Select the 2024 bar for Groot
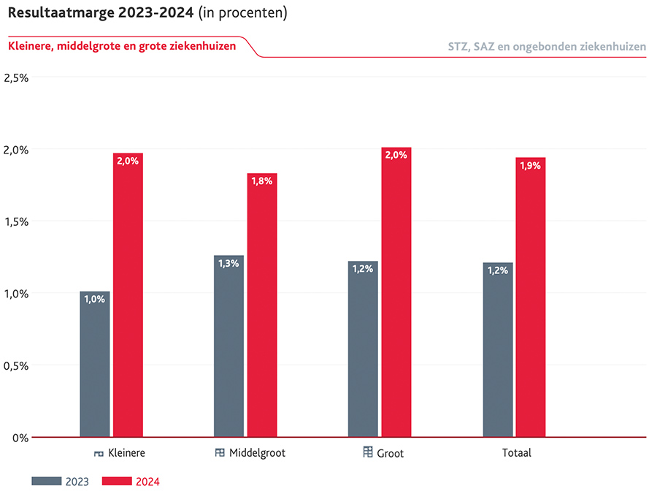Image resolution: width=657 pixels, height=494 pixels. (396, 292)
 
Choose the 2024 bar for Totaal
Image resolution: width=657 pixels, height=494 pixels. (531, 297)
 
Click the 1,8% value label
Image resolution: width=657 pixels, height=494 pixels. (262, 181)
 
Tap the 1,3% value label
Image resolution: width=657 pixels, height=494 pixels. (228, 263)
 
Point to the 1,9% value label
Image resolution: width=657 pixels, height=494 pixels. (531, 166)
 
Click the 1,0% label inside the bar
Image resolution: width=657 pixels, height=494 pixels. (95, 299)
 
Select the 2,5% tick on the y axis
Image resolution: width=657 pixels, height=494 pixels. (16, 77)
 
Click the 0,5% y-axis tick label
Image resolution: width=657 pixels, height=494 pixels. (16, 365)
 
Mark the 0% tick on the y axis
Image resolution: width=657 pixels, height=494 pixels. (20, 438)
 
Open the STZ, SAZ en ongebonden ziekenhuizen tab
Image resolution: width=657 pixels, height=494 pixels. (547, 46)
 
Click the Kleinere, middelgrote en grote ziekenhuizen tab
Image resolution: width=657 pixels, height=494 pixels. (122, 45)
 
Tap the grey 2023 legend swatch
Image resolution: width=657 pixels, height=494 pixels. (46, 481)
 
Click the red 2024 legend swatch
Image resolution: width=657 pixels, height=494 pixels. (116, 481)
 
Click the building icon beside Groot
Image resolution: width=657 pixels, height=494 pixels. (368, 452)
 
